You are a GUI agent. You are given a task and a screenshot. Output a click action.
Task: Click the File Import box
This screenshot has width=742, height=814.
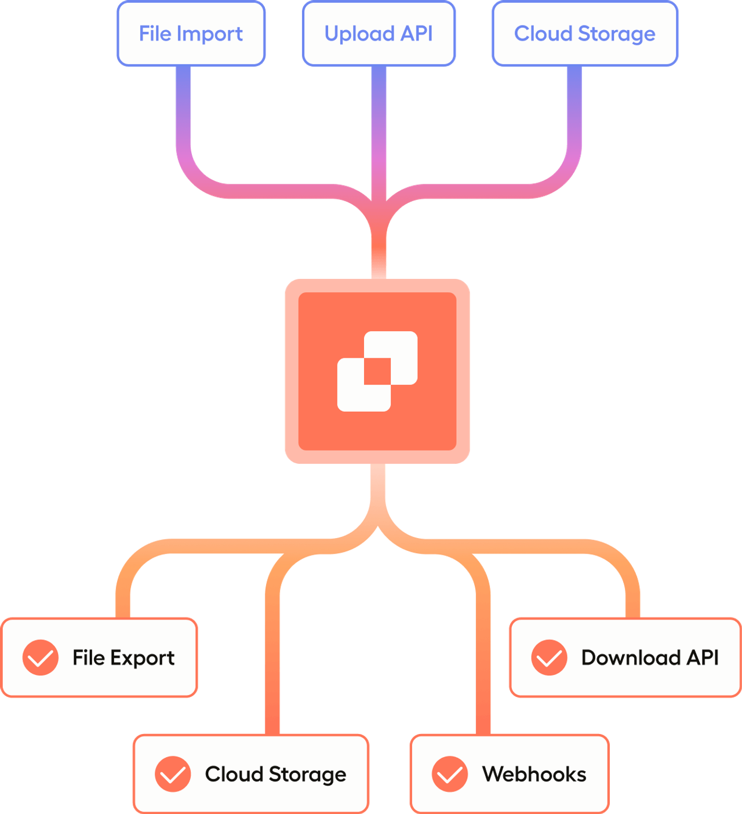click(191, 34)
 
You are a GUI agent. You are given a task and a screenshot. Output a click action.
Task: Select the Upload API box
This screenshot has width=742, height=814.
click(379, 34)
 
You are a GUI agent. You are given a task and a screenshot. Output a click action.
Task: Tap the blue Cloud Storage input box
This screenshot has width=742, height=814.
click(584, 34)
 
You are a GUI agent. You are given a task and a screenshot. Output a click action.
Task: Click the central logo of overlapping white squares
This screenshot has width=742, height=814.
click(377, 371)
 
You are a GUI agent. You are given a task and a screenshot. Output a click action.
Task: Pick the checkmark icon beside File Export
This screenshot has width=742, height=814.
click(41, 657)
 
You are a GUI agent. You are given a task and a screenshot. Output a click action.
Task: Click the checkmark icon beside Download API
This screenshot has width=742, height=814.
click(549, 657)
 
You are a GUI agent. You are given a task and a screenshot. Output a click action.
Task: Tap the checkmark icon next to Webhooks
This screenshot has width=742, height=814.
click(449, 774)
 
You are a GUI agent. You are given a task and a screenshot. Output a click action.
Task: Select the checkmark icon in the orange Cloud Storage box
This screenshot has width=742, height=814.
click(173, 774)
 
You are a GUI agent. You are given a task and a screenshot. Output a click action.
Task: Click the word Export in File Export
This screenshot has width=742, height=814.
click(142, 658)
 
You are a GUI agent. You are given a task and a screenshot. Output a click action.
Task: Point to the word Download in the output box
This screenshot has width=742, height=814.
click(631, 657)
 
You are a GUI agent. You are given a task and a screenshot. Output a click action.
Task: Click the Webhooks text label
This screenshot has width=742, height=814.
click(534, 774)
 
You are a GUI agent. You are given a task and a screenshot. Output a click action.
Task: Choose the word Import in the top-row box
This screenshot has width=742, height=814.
click(209, 34)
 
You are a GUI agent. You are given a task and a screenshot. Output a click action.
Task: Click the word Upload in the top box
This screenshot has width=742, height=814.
click(359, 34)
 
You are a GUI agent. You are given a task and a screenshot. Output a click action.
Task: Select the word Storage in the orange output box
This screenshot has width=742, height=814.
click(307, 775)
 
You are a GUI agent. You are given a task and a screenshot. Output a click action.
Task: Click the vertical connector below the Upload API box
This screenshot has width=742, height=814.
click(379, 128)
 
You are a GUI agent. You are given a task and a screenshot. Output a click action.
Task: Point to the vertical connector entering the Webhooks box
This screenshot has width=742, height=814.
click(483, 667)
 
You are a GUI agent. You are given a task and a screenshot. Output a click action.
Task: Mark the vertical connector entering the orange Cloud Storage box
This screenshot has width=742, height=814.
click(272, 667)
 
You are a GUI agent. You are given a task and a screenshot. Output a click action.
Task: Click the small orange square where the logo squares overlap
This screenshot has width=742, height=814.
click(377, 371)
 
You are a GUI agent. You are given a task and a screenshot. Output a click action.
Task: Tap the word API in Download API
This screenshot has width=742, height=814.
click(703, 657)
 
